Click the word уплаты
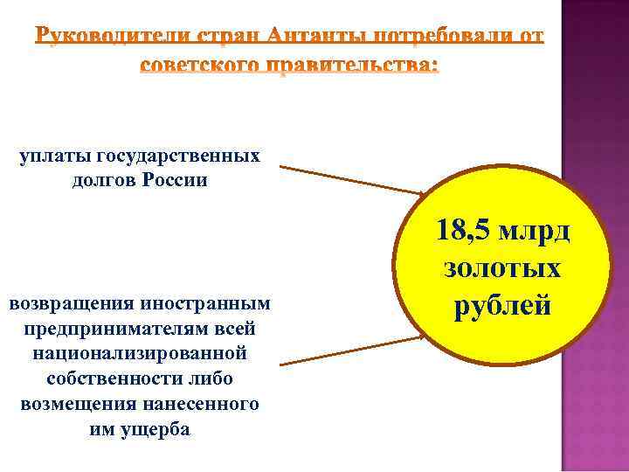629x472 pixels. (x=53, y=156)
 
